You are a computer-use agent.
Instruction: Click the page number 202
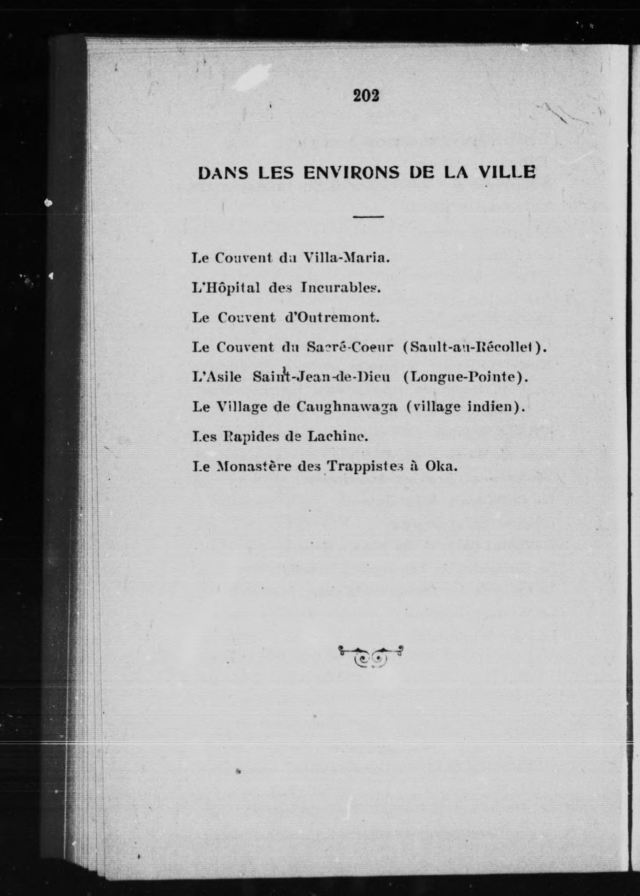pyautogui.click(x=366, y=95)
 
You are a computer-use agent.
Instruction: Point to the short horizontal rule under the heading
pyautogui.click(x=368, y=217)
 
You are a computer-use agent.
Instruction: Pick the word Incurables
pyautogui.click(x=341, y=288)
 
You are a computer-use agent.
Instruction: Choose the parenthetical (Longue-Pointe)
pyautogui.click(x=465, y=377)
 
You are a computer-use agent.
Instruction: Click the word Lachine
pyautogui.click(x=337, y=437)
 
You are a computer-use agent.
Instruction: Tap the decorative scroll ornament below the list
pyautogui.click(x=371, y=656)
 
